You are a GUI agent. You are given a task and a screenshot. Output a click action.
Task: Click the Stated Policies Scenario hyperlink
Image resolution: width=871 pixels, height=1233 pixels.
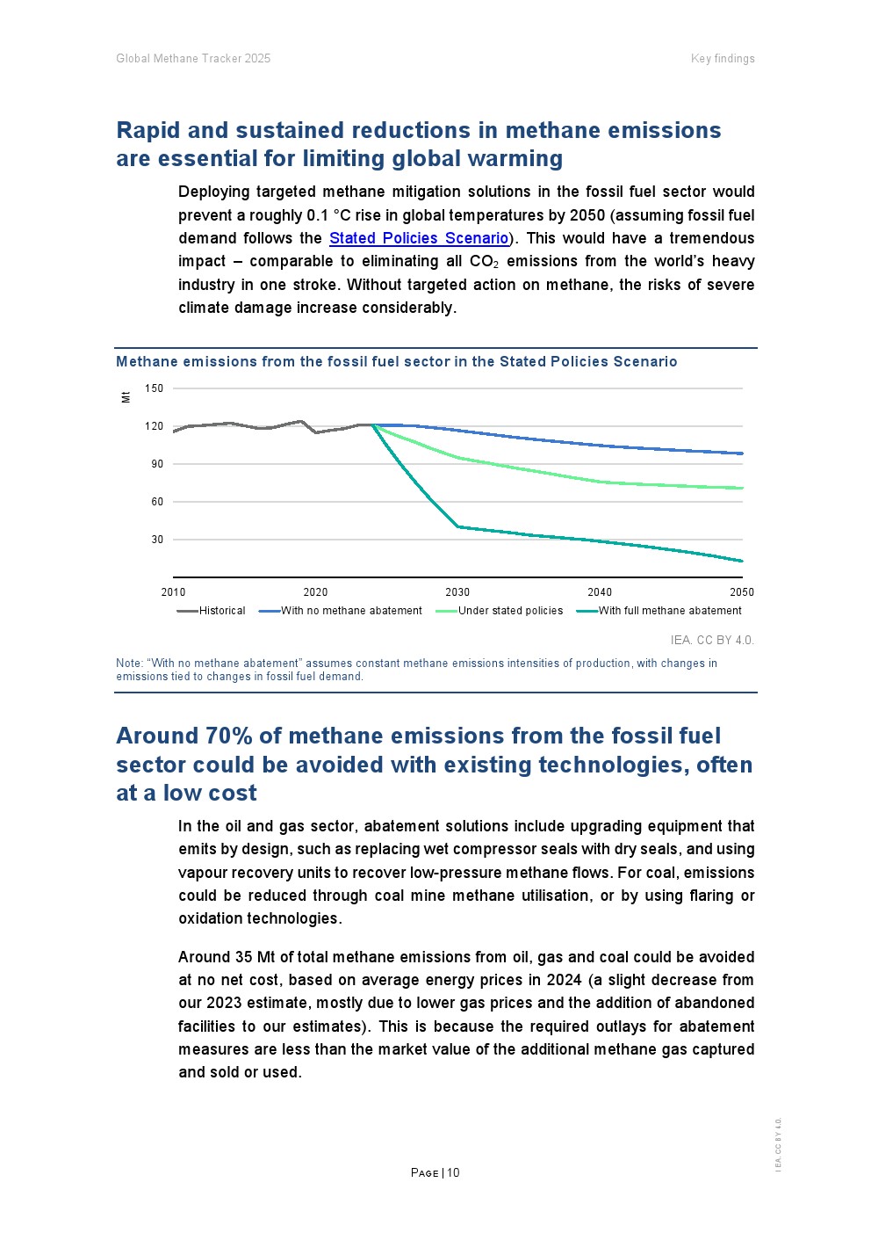point(419,238)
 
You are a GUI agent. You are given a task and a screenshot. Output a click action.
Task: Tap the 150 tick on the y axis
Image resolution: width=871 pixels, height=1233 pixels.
point(154,388)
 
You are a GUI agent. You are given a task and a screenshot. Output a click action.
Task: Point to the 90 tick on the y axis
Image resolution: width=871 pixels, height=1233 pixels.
point(157,464)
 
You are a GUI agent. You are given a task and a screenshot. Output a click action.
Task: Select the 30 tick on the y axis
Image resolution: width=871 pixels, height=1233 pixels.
point(157,540)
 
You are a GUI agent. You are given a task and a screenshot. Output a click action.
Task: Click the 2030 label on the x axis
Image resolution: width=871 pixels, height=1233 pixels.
point(457,592)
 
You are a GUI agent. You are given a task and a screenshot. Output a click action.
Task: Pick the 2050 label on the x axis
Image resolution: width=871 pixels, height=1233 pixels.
point(742,592)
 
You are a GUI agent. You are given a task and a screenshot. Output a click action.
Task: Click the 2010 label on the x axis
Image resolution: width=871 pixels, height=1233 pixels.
point(173,592)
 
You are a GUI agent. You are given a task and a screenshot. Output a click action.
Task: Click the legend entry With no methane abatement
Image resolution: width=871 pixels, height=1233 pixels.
point(350,611)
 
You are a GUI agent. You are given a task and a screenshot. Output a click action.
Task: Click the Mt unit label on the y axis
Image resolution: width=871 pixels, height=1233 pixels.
point(126,396)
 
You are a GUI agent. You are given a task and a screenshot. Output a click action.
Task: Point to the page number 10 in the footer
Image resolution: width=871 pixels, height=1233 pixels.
point(453,1172)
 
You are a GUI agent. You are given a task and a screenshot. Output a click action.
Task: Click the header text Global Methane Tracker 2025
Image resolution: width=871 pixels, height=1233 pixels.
point(193,59)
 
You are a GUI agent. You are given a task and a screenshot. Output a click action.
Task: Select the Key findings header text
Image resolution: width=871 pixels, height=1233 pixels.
point(723,59)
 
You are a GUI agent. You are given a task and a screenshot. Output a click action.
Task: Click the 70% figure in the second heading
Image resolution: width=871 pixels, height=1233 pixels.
point(232,736)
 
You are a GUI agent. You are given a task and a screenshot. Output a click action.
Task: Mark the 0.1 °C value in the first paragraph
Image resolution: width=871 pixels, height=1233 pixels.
point(328,215)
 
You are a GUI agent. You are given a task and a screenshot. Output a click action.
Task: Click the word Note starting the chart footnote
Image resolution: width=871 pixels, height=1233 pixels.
point(128,664)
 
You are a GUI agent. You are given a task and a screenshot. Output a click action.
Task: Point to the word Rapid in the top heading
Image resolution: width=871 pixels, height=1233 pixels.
point(148,130)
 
